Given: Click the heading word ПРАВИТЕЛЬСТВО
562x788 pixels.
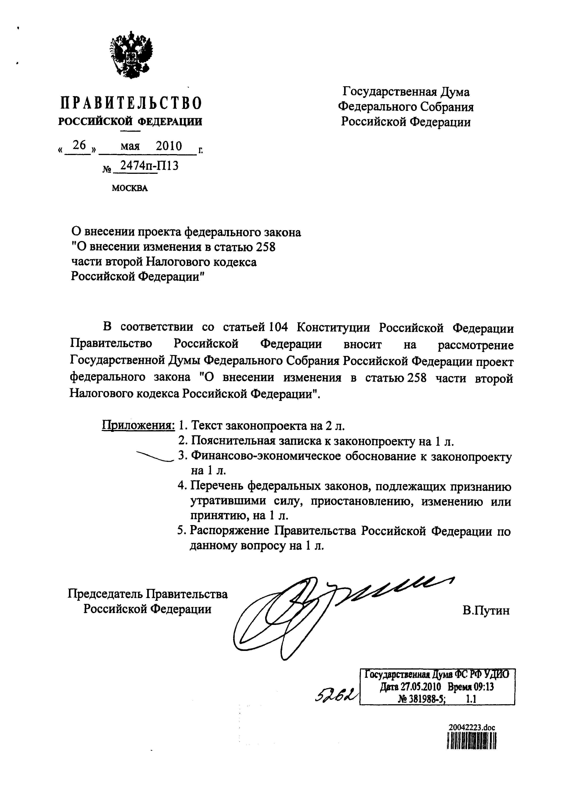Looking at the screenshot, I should [x=131, y=103].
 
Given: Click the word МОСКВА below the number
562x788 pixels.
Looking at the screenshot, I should [x=130, y=188].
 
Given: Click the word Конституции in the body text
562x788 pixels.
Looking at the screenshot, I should [x=334, y=327].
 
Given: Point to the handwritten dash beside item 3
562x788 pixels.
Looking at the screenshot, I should [x=154, y=456].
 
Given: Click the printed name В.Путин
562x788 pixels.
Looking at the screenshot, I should [x=486, y=610].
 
